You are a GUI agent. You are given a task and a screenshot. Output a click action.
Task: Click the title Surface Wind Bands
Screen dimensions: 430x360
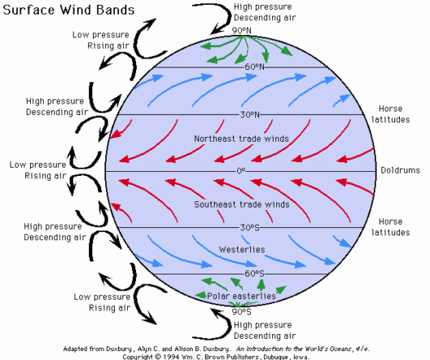68,10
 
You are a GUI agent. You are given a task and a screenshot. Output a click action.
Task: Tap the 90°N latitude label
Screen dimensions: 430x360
241,30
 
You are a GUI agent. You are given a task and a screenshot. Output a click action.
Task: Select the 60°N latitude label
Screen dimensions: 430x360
254,67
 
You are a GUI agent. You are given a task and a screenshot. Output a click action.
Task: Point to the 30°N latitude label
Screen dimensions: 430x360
249,115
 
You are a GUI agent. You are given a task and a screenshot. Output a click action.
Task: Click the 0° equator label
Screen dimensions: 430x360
240,171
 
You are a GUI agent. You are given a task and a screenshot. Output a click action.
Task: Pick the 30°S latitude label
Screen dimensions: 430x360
249,227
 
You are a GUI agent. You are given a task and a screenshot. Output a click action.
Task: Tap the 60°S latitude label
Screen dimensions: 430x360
254,274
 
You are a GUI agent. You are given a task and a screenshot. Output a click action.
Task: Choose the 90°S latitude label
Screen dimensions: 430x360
241,312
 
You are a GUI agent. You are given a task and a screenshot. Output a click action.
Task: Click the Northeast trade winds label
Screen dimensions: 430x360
241,138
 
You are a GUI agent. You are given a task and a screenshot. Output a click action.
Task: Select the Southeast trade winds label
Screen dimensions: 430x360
242,204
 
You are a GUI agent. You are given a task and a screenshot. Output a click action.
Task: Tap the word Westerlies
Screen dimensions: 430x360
242,249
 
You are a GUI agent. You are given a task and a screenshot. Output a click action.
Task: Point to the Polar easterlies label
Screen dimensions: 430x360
241,296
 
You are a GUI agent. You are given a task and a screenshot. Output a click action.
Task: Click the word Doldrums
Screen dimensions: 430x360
400,170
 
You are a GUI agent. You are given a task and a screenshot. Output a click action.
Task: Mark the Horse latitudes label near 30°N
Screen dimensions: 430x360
391,114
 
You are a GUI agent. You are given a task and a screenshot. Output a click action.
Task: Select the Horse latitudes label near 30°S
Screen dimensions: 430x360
391,227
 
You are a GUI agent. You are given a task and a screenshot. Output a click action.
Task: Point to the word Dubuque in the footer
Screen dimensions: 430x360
275,357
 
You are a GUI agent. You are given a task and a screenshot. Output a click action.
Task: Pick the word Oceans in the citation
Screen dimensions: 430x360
342,349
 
